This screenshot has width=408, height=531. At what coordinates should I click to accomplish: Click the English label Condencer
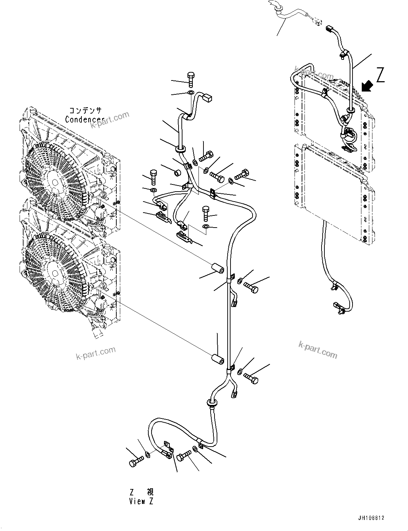(x=85, y=120)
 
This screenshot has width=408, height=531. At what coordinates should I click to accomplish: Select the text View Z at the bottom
(x=142, y=501)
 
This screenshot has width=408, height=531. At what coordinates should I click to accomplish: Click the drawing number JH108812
(x=371, y=518)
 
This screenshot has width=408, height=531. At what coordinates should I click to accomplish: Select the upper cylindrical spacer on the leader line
(x=217, y=269)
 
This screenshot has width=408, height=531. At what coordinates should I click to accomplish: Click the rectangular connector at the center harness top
(x=207, y=96)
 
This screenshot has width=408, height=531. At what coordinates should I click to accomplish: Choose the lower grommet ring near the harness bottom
(x=212, y=403)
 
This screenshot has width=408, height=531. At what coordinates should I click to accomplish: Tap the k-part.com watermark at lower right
(x=317, y=349)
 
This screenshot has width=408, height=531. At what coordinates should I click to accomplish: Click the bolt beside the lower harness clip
(x=252, y=379)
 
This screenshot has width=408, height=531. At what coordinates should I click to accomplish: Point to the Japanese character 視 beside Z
(x=150, y=492)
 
